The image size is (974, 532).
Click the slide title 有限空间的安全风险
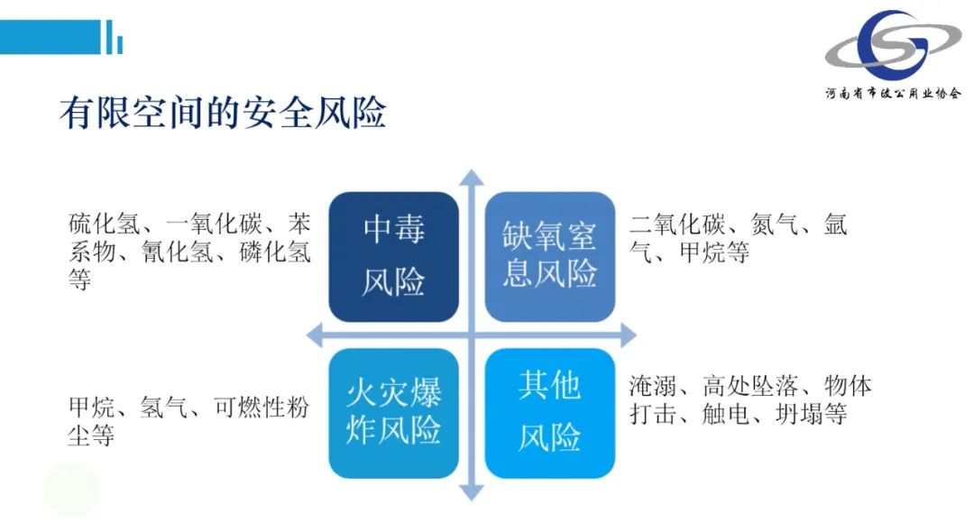223,113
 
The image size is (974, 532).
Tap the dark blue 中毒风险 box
394,257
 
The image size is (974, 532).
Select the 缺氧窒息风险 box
550,257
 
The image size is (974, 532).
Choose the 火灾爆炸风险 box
394,414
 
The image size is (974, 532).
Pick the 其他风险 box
550,414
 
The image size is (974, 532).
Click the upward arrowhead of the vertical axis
472,177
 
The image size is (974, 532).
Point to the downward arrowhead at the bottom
472,492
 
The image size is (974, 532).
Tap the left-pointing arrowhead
315,335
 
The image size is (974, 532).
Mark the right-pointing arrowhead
629,335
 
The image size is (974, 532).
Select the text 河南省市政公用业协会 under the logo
893,94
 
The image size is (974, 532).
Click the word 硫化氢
105,224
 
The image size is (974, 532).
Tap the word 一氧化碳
214,224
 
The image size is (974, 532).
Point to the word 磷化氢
274,252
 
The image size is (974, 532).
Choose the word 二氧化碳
677,224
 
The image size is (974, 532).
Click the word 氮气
775,224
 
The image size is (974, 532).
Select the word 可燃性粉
262,408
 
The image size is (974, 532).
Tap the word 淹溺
653,386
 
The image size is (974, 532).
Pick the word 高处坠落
750,386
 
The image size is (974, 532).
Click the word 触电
726,414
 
